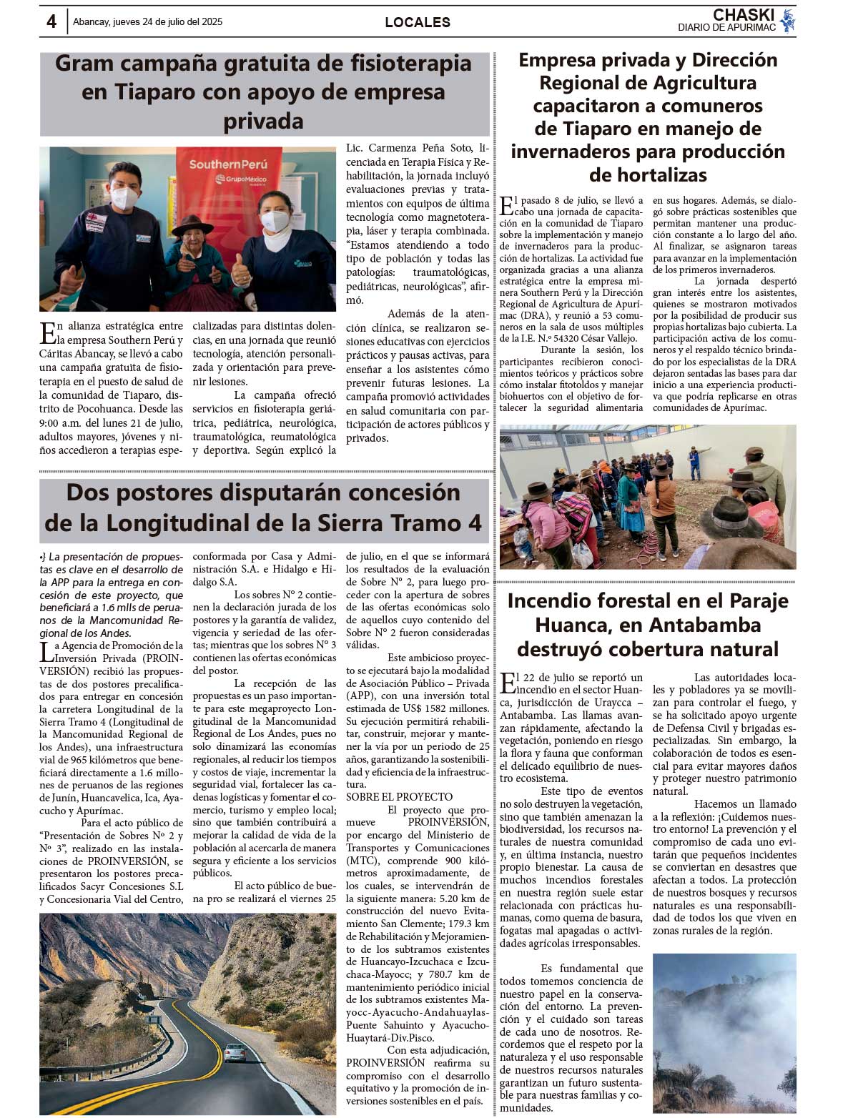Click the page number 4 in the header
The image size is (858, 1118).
coord(51,21)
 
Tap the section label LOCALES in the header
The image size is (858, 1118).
coord(418,22)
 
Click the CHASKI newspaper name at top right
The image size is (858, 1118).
coord(744,15)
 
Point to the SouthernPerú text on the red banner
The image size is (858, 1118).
coord(227,164)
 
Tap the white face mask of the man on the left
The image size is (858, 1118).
coord(124,197)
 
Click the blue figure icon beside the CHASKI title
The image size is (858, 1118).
coord(787,21)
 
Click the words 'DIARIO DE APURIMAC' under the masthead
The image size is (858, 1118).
coord(726,28)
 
